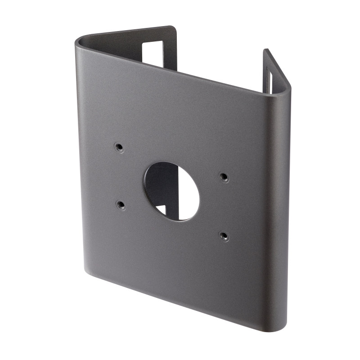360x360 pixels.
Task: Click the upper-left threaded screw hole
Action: (119, 147)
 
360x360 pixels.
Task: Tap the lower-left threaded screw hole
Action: (120, 205)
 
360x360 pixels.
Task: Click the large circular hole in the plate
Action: (171, 191)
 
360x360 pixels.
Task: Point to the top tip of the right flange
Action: (265, 51)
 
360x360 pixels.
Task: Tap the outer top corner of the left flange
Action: (173, 27)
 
